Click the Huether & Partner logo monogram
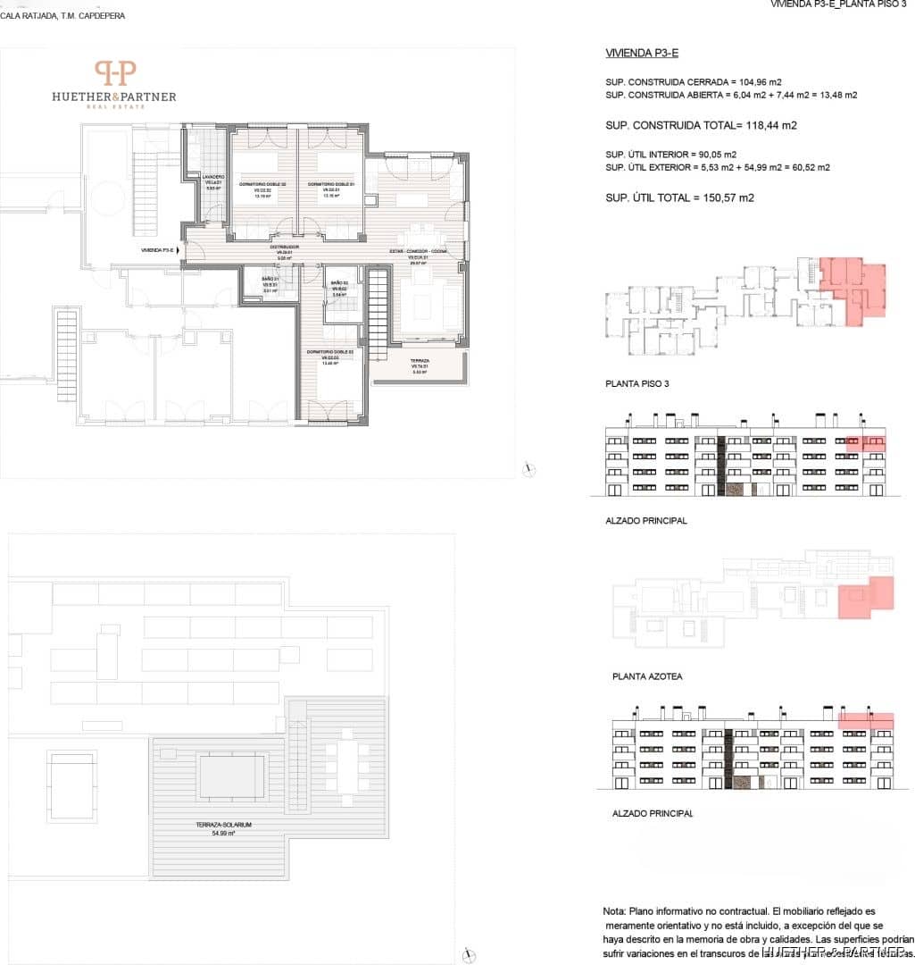pyautogui.click(x=116, y=73)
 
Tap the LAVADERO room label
pyautogui.click(x=212, y=178)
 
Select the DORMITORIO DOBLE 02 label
pyautogui.click(x=262, y=183)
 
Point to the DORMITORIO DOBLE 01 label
pyautogui.click(x=331, y=184)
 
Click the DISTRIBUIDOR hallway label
pyautogui.click(x=285, y=247)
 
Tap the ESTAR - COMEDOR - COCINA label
pyautogui.click(x=415, y=252)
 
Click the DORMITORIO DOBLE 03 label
pyautogui.click(x=331, y=353)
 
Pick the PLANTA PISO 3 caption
pyautogui.click(x=636, y=383)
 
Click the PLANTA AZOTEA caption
pyautogui.click(x=647, y=676)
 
